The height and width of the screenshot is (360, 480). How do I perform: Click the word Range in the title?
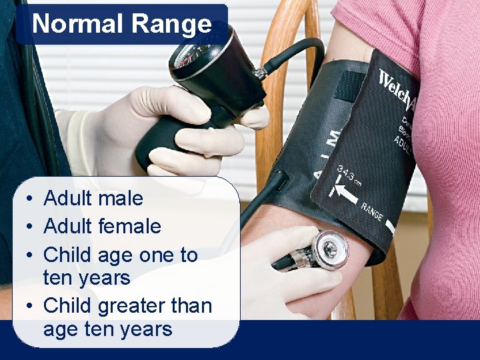tap(171, 24)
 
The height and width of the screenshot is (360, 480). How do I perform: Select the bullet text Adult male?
tap(93, 198)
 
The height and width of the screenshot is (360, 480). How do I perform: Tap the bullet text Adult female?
tap(102, 226)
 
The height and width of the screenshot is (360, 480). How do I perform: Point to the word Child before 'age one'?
tap(67, 255)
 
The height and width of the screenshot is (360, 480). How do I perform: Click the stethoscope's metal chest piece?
tap(329, 249)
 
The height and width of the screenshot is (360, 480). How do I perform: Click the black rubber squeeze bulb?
tap(160, 143)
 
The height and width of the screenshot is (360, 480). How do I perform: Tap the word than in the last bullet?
tap(191, 306)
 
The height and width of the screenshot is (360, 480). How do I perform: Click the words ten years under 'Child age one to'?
tap(87, 277)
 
